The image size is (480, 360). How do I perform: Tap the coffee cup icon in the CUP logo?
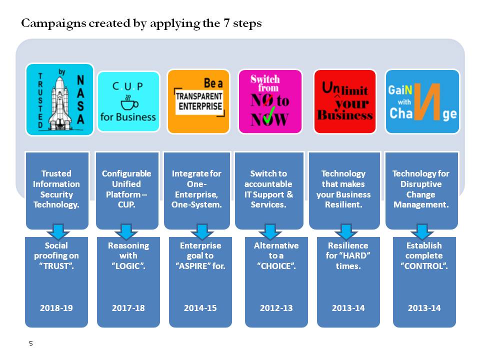[x=129, y=102]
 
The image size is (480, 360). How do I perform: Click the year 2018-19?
[x=56, y=308]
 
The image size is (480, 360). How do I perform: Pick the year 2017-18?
[x=128, y=308]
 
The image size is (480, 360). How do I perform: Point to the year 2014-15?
[x=200, y=308]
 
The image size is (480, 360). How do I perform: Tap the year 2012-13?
[x=276, y=308]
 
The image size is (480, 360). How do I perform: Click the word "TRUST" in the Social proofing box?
[x=56, y=266]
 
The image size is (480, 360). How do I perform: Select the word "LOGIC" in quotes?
[x=128, y=266]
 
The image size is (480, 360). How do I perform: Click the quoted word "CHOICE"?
[x=276, y=266]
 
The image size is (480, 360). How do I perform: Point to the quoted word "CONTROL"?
[x=424, y=266]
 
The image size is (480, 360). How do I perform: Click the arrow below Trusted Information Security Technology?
[x=58, y=231]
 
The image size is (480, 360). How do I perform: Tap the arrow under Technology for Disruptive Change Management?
[x=422, y=231]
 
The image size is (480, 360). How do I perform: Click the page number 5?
[x=31, y=343]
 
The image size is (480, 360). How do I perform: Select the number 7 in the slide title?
[x=226, y=23]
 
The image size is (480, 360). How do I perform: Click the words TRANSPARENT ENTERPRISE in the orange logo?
[x=199, y=101]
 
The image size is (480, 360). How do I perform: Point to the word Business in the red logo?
[x=345, y=115]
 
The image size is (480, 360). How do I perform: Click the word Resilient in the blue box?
[x=343, y=204]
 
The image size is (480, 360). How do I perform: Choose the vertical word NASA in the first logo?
[x=80, y=100]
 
